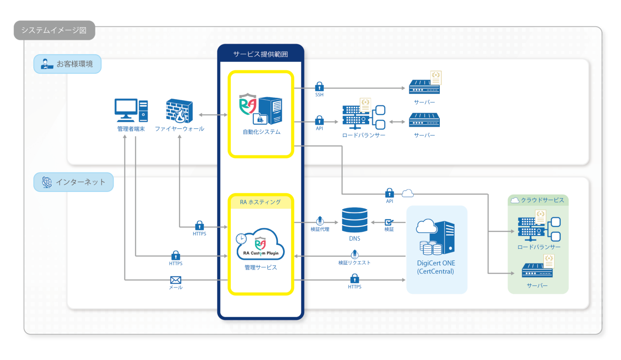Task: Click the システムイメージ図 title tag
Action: (x=54, y=30)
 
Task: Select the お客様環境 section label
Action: (x=68, y=64)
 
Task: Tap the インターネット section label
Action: (x=74, y=182)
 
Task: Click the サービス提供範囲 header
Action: (x=260, y=54)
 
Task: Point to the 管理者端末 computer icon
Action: (x=131, y=110)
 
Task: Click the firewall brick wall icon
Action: (x=179, y=111)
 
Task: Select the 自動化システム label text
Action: (x=261, y=132)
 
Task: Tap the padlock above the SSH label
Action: (x=319, y=86)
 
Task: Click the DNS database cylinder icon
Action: (x=355, y=220)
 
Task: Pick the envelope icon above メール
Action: (x=175, y=280)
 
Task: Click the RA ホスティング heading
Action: (x=260, y=202)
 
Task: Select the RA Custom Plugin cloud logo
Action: (x=260, y=244)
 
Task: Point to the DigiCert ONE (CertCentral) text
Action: (x=436, y=267)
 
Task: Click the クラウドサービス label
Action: (x=542, y=200)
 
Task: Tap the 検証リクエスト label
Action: (x=354, y=263)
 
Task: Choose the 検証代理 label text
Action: (x=320, y=229)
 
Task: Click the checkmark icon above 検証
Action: (x=389, y=222)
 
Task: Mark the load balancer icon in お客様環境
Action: (x=363, y=116)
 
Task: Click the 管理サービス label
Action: (x=261, y=267)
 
